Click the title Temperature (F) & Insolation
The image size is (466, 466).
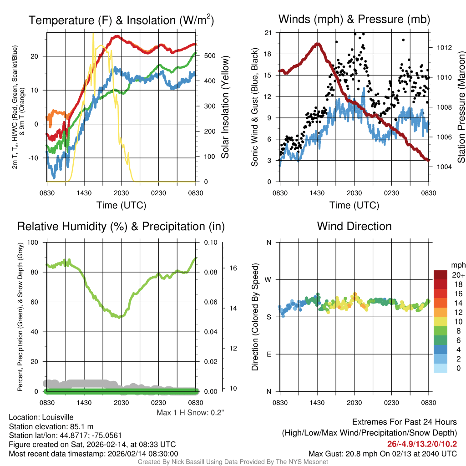coord(121,20)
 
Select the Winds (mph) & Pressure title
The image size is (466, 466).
coord(354,19)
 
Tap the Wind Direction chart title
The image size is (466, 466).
coord(354,226)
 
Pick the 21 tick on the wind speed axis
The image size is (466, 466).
coord(268,33)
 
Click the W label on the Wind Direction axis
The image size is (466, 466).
coord(268,279)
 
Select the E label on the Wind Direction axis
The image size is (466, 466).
coord(268,354)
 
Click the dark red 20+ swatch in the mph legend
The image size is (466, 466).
coord(441,275)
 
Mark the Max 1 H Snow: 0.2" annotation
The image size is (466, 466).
coord(191,412)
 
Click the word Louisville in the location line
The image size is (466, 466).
coord(56,417)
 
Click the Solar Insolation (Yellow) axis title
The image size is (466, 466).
coord(225,107)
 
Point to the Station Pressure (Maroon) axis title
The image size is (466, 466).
coord(461,107)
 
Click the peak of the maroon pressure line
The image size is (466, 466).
coord(317,44)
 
